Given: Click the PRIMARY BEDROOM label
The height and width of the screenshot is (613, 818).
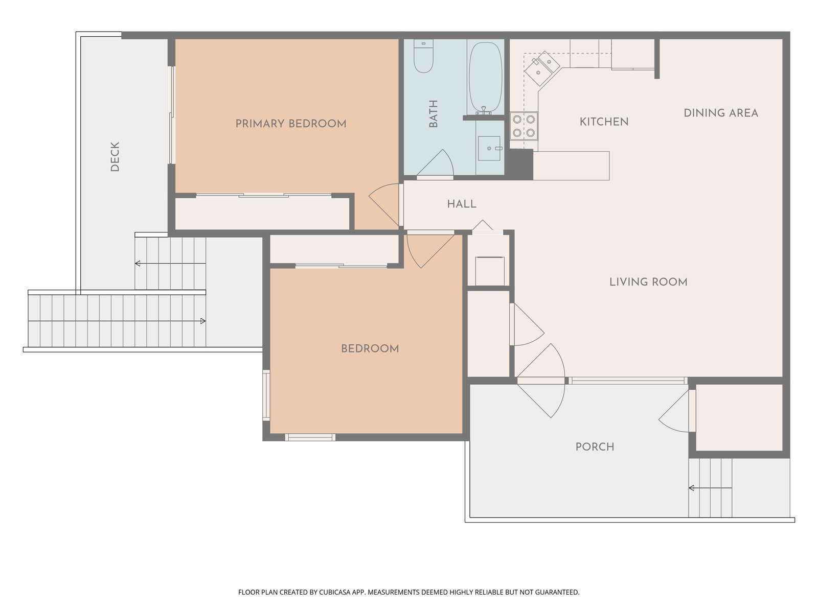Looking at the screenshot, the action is pyautogui.click(x=291, y=124).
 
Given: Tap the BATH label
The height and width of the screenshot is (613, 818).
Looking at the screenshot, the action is pyautogui.click(x=434, y=114).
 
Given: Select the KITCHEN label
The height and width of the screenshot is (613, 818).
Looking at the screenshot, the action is pyautogui.click(x=604, y=122).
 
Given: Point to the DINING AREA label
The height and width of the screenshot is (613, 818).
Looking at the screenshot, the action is pyautogui.click(x=721, y=113).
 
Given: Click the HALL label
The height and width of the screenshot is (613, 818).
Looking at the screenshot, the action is pyautogui.click(x=462, y=204).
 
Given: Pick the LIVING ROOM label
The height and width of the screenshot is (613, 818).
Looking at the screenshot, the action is pyautogui.click(x=648, y=282).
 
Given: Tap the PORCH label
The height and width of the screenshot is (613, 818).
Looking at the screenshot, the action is pyautogui.click(x=595, y=447).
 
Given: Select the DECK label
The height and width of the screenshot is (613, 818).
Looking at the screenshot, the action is pyautogui.click(x=115, y=157).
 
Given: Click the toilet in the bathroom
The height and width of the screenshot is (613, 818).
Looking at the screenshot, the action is pyautogui.click(x=423, y=56).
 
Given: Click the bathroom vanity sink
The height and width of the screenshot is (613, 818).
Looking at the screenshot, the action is pyautogui.click(x=489, y=148).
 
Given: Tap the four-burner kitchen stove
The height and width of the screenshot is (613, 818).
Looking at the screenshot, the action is pyautogui.click(x=524, y=126).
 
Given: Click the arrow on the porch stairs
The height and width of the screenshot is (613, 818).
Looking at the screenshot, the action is pyautogui.click(x=710, y=488).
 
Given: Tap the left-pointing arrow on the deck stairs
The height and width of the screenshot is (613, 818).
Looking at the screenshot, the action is pyautogui.click(x=170, y=264).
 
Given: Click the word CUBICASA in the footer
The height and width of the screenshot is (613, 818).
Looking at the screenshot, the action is pyautogui.click(x=334, y=592).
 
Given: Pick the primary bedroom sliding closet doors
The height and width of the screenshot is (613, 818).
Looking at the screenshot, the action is pyautogui.click(x=263, y=195).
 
